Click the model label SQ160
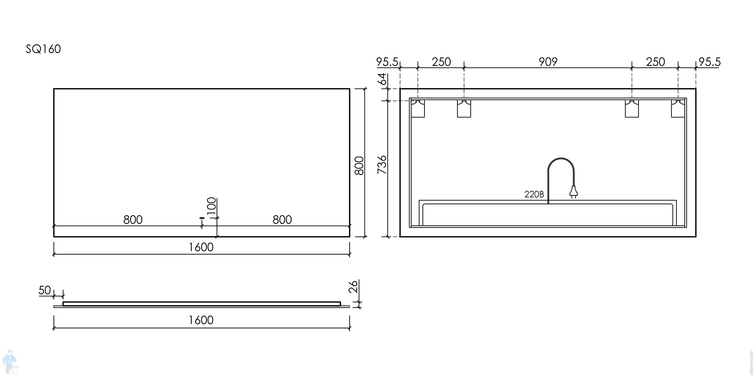(43, 49)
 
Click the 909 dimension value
(548, 62)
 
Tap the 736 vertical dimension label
(382, 165)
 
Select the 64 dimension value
(382, 79)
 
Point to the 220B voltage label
(534, 194)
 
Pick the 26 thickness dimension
(354, 286)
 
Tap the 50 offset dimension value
(45, 290)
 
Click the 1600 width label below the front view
(201, 247)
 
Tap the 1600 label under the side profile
(201, 320)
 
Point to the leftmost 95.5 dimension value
(387, 62)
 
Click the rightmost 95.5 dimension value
(709, 62)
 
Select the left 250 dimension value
(441, 62)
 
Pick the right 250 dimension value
(655, 62)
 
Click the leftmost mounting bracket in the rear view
(418, 109)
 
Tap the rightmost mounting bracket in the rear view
(678, 109)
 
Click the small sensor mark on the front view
(201, 218)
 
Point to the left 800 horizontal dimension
(133, 220)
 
